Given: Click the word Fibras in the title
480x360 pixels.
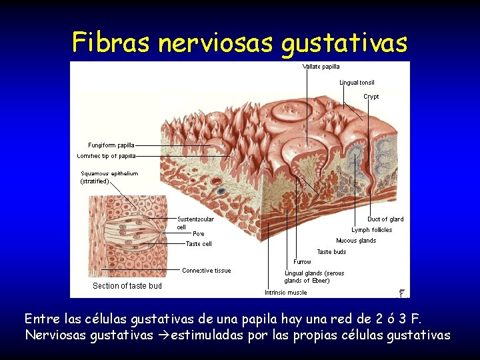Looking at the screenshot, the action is click(111, 43).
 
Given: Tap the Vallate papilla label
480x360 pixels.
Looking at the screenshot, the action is click(321, 67).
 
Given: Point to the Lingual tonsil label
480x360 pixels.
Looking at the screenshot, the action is click(357, 83).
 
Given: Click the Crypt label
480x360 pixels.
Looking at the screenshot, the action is click(371, 97).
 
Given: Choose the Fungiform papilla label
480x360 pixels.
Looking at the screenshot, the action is click(111, 145).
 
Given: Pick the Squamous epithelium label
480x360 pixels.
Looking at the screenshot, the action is click(109, 173).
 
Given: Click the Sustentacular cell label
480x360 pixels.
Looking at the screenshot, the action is click(195, 219).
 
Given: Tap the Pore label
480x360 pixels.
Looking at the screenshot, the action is click(199, 234).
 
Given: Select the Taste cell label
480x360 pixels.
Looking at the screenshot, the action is click(199, 244).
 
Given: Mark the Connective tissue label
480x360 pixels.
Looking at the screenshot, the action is click(207, 271).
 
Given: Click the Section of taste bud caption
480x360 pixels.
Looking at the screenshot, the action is click(127, 286).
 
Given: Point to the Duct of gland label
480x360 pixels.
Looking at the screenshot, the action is click(385, 219).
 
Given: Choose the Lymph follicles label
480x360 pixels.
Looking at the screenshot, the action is click(372, 230).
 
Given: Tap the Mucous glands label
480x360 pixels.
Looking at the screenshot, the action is click(356, 241).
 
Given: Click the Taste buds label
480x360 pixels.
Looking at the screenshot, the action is click(331, 252).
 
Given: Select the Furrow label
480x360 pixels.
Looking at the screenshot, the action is click(302, 262).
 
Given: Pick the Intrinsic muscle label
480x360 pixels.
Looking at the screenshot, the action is click(286, 293).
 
